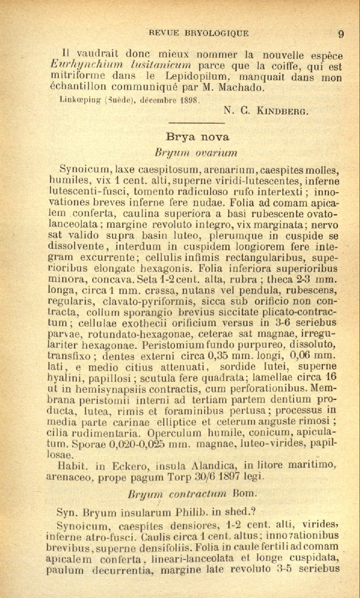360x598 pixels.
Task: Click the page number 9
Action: pyautogui.click(x=341, y=34)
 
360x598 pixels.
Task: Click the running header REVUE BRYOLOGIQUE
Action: pyautogui.click(x=199, y=33)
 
